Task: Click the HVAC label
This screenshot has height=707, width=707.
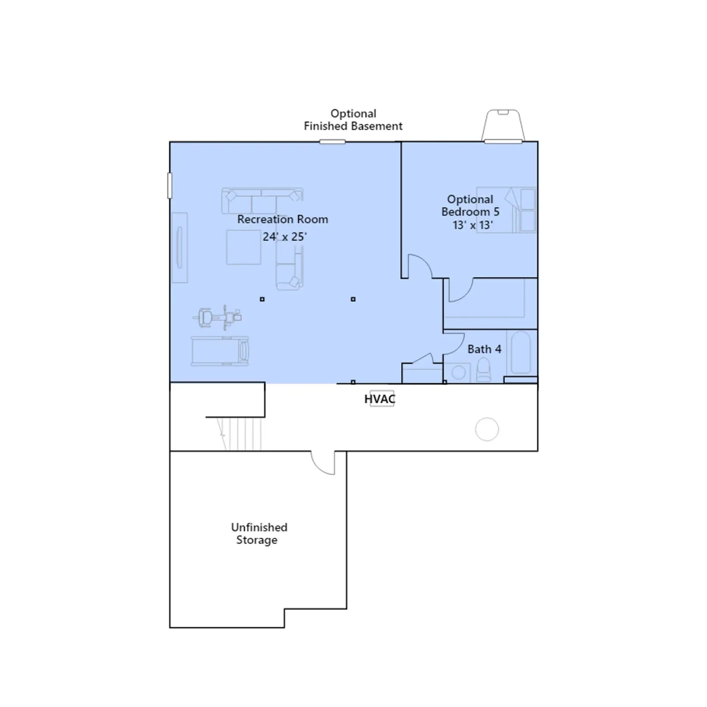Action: [380, 399]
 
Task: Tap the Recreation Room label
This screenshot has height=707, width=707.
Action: [283, 219]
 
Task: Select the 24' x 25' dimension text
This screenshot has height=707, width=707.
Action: [285, 237]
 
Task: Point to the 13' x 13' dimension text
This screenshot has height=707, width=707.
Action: [472, 225]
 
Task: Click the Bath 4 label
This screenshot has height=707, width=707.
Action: [484, 349]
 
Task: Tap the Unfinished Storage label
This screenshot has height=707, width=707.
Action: [259, 533]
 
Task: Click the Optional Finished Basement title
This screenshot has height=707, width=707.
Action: [353, 120]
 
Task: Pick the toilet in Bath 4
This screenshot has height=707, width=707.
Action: [484, 369]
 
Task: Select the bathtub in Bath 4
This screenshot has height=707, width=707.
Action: [521, 353]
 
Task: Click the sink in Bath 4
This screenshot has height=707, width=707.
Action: [459, 373]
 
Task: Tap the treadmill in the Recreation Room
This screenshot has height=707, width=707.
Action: [220, 351]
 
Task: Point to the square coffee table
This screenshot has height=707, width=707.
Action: [243, 247]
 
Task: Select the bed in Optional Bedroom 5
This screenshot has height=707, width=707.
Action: [506, 210]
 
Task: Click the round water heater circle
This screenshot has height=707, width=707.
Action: [487, 429]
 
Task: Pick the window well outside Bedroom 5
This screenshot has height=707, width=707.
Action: [503, 125]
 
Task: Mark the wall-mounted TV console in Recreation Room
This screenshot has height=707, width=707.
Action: [179, 247]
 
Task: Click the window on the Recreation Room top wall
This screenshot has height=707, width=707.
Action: [332, 141]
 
